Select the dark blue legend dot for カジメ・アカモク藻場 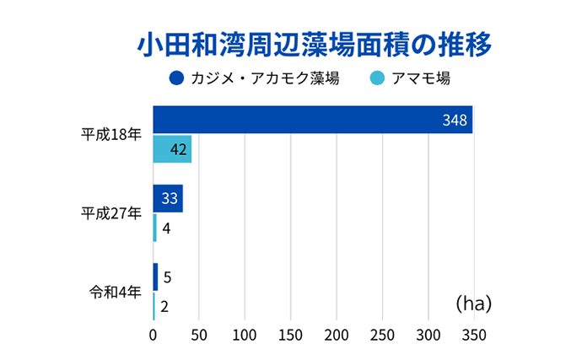176,78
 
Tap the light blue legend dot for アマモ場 377,78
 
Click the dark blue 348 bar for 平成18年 313,120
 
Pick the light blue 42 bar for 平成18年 172,149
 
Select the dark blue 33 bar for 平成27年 168,199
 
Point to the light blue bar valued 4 155,228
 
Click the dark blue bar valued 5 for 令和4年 155,277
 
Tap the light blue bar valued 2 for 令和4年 154,305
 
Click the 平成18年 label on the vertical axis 110,135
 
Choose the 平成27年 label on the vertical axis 110,213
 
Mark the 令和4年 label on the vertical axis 115,292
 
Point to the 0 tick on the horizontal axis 154,335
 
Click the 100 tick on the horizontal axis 245,335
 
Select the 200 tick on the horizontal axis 337,335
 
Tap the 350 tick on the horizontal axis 473,335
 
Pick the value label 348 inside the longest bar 455,121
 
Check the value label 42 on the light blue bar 178,150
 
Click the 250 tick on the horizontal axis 382,335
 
